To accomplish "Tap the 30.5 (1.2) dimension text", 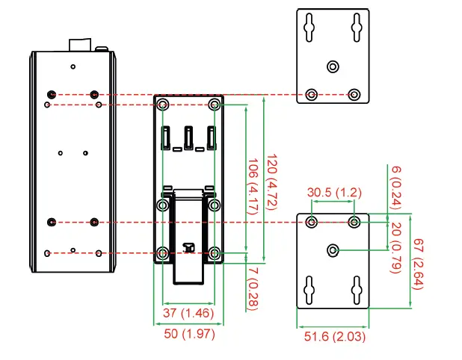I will (x=333, y=193).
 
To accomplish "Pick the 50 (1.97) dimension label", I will (x=189, y=334).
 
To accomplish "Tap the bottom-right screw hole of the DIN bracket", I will (x=215, y=253).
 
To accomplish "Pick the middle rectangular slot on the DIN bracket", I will (x=188, y=137).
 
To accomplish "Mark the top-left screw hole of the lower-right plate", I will (x=312, y=221).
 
